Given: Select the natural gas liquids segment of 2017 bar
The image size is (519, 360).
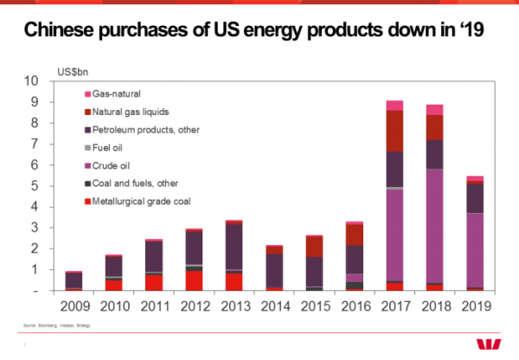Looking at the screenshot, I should (394, 131).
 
